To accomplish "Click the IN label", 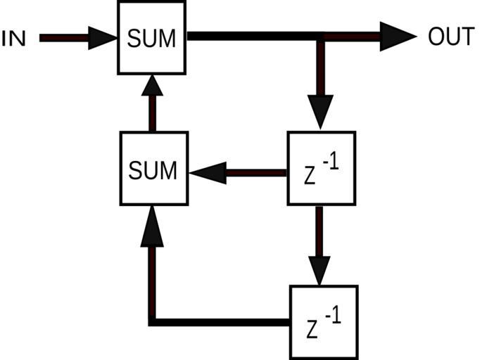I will click(x=14, y=38).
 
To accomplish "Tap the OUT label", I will click(x=451, y=37).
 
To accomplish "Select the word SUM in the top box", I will click(x=152, y=38).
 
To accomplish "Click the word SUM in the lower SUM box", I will click(x=152, y=169).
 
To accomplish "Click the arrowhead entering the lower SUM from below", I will click(x=152, y=229).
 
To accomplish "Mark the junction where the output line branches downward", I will click(x=320, y=36).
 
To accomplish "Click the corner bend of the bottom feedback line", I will click(x=152, y=322).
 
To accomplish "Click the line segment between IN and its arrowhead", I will click(x=63, y=37).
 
